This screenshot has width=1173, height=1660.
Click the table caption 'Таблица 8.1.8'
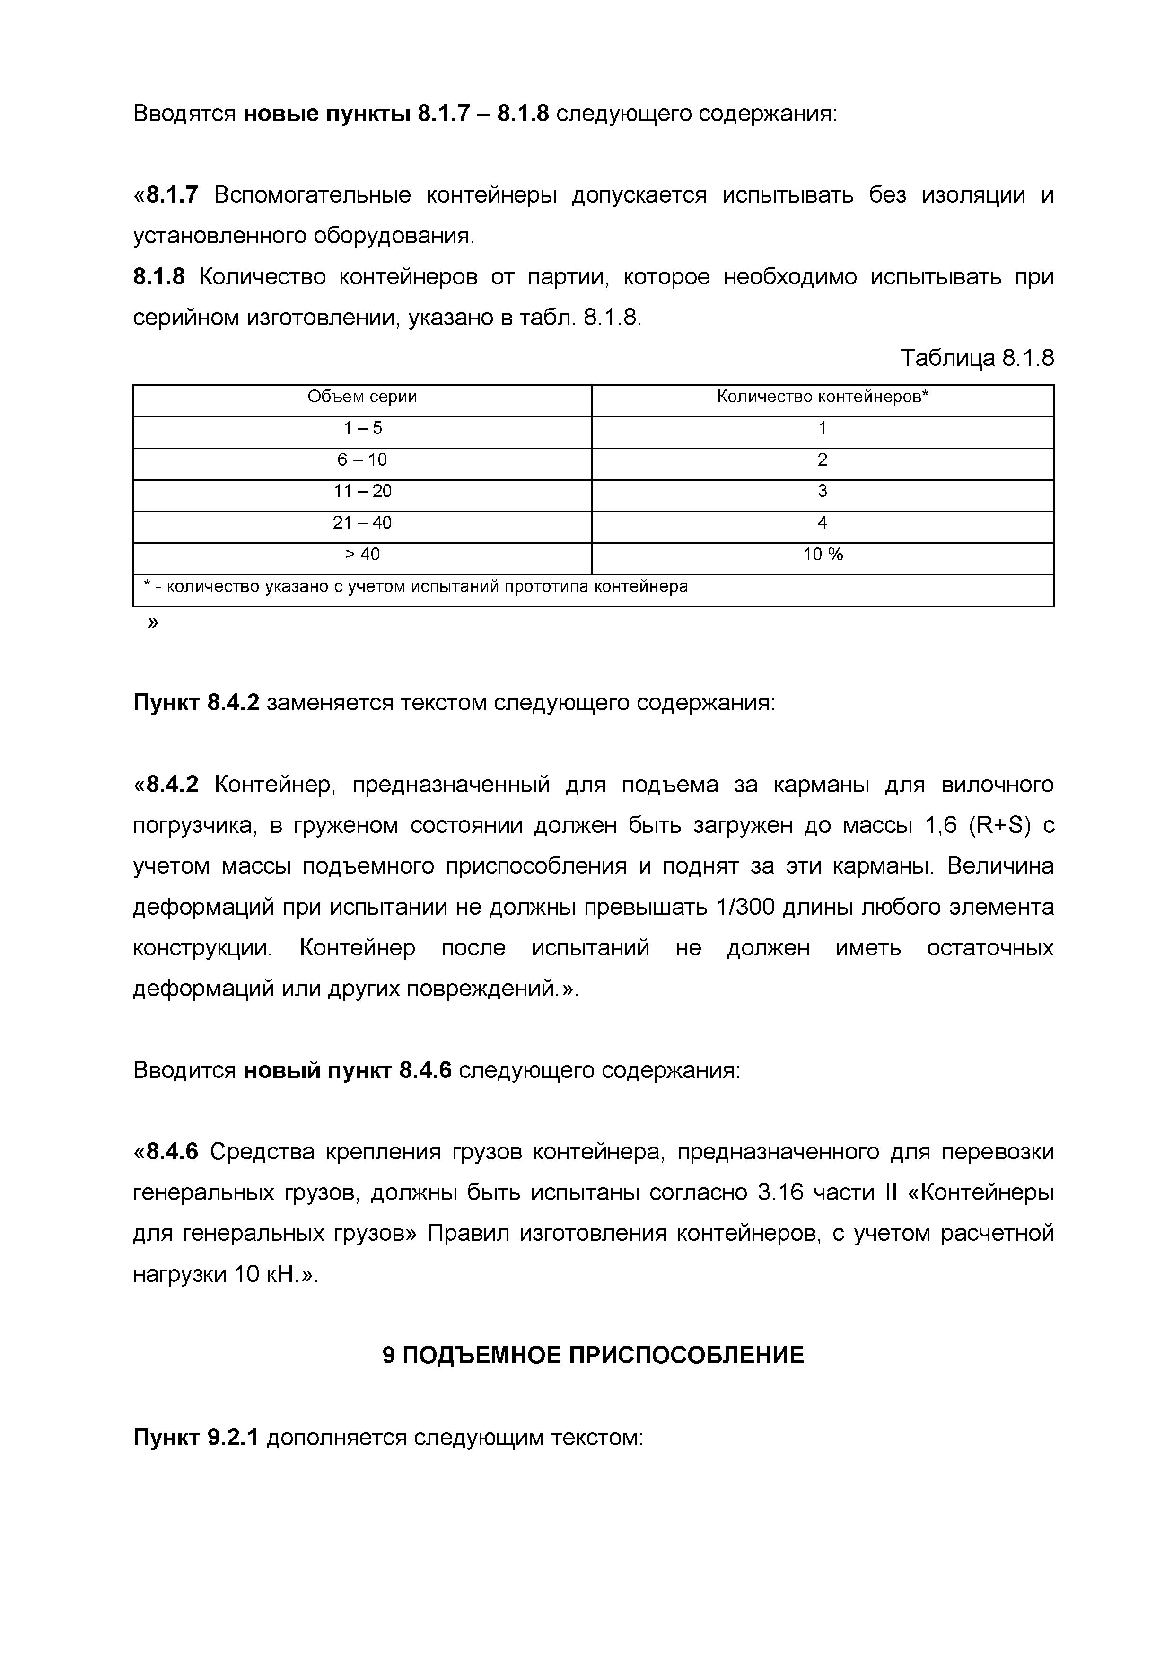976,358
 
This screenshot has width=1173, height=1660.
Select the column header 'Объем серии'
362,397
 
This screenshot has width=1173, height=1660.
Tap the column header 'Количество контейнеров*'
822,397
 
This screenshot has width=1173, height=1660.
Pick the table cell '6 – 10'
362,460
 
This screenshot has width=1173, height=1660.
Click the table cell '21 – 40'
362,523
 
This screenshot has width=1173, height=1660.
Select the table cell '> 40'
362,555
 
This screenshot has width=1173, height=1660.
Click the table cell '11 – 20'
362,492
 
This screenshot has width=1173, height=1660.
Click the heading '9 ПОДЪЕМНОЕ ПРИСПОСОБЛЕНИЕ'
593,1355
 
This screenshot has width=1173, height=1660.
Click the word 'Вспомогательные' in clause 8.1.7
312,195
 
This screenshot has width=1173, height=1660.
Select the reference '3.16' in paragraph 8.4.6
780,1192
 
